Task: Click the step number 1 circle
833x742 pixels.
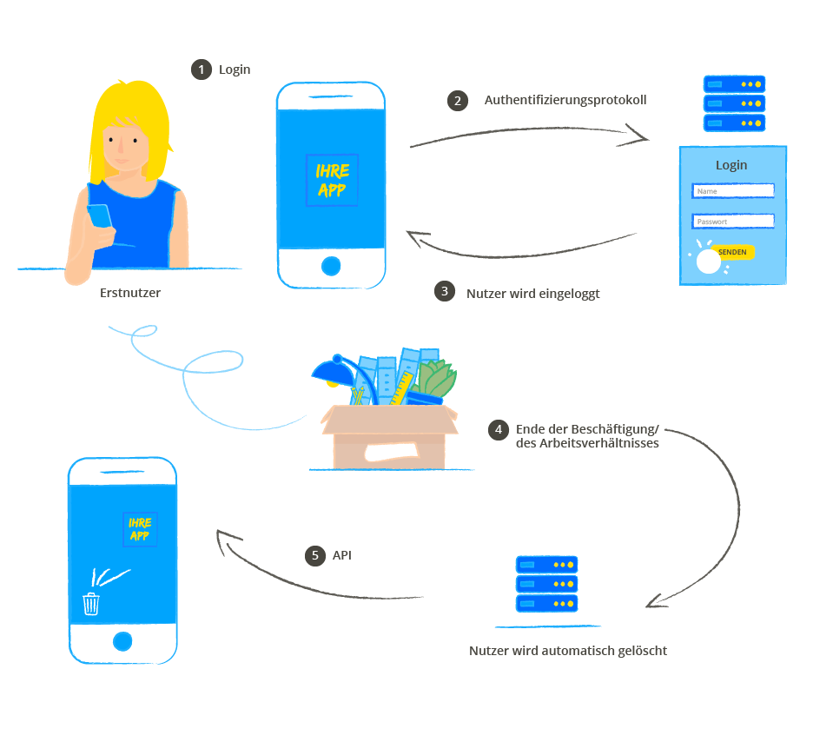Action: (x=202, y=70)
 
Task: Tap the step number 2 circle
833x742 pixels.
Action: (x=457, y=100)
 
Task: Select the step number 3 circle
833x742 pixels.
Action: (x=445, y=292)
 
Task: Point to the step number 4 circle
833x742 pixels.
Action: (x=498, y=429)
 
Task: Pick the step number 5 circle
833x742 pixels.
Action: (x=314, y=555)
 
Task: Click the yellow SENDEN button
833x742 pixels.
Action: (x=732, y=252)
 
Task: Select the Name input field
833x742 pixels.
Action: (x=732, y=191)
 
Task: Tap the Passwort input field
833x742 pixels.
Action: (x=732, y=221)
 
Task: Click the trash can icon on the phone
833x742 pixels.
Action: (x=91, y=603)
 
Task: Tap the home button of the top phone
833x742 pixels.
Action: (x=330, y=265)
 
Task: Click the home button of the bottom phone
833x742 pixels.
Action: (x=122, y=641)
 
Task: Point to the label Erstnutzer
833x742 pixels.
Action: (x=130, y=293)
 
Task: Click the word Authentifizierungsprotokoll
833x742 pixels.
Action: (x=565, y=100)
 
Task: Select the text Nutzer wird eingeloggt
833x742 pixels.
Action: (x=532, y=293)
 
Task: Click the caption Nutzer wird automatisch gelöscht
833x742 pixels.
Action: (x=568, y=650)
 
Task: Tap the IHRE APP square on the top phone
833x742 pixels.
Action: (x=332, y=180)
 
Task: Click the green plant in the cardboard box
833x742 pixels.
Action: (x=437, y=381)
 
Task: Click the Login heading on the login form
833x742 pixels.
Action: (x=731, y=165)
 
